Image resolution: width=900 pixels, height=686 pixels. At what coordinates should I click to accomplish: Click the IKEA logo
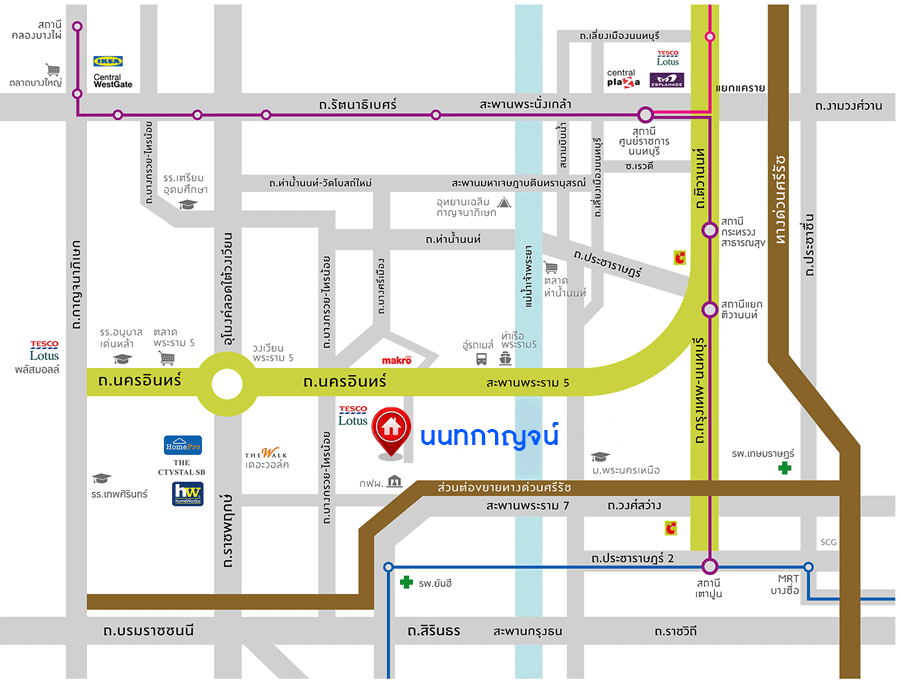tap(107, 61)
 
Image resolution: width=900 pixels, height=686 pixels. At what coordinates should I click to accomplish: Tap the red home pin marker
tap(389, 429)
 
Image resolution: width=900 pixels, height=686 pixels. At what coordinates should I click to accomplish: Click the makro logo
tap(397, 359)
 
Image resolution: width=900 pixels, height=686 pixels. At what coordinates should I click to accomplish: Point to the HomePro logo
tap(183, 445)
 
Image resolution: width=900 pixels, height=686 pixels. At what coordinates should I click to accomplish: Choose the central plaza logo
tap(622, 78)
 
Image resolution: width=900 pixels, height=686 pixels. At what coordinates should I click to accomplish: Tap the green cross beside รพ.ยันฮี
tap(406, 582)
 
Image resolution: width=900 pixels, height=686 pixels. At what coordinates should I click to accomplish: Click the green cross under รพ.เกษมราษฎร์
tap(786, 467)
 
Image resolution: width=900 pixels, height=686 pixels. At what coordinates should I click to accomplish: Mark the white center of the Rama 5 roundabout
tap(229, 384)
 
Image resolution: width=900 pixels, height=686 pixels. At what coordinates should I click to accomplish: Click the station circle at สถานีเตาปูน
tap(709, 566)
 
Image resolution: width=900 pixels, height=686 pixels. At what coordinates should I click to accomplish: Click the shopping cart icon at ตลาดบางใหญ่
tap(40, 69)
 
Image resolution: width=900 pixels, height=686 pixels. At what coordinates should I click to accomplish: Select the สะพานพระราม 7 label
tap(527, 507)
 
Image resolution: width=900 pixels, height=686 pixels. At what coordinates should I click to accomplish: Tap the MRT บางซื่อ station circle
tap(808, 567)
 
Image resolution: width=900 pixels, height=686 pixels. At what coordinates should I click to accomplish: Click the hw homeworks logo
tap(187, 493)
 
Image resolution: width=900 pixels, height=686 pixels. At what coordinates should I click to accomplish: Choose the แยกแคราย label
tap(740, 88)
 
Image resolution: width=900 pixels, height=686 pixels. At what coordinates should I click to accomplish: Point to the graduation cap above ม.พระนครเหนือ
tap(600, 457)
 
